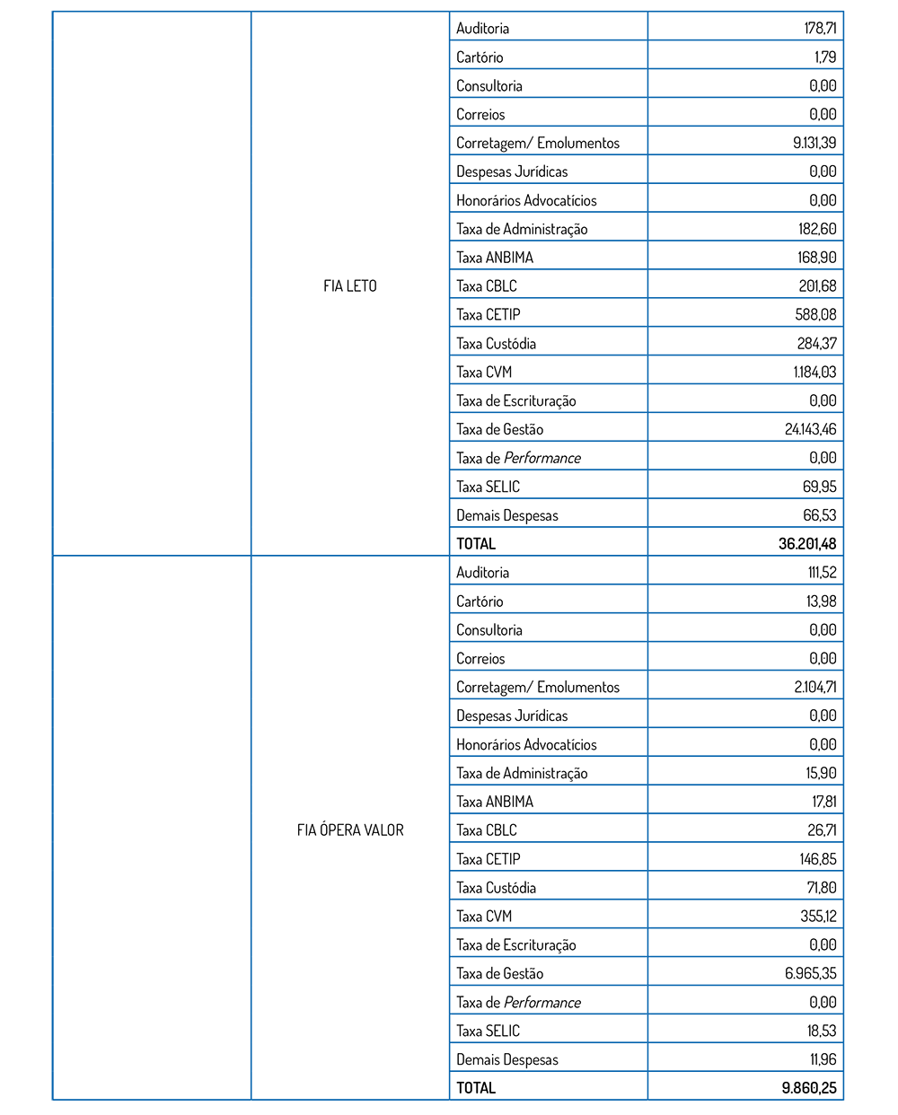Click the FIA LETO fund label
349,286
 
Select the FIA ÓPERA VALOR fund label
349,830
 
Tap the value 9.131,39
814,143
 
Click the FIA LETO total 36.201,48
806,544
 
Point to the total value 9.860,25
808,1088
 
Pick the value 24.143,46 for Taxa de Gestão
810,429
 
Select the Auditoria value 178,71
819,29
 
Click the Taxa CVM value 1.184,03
814,372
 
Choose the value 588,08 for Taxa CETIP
815,315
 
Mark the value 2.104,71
814,688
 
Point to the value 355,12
817,917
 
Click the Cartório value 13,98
821,601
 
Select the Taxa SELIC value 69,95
819,487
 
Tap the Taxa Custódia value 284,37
816,344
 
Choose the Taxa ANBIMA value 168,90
816,258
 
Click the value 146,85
817,859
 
